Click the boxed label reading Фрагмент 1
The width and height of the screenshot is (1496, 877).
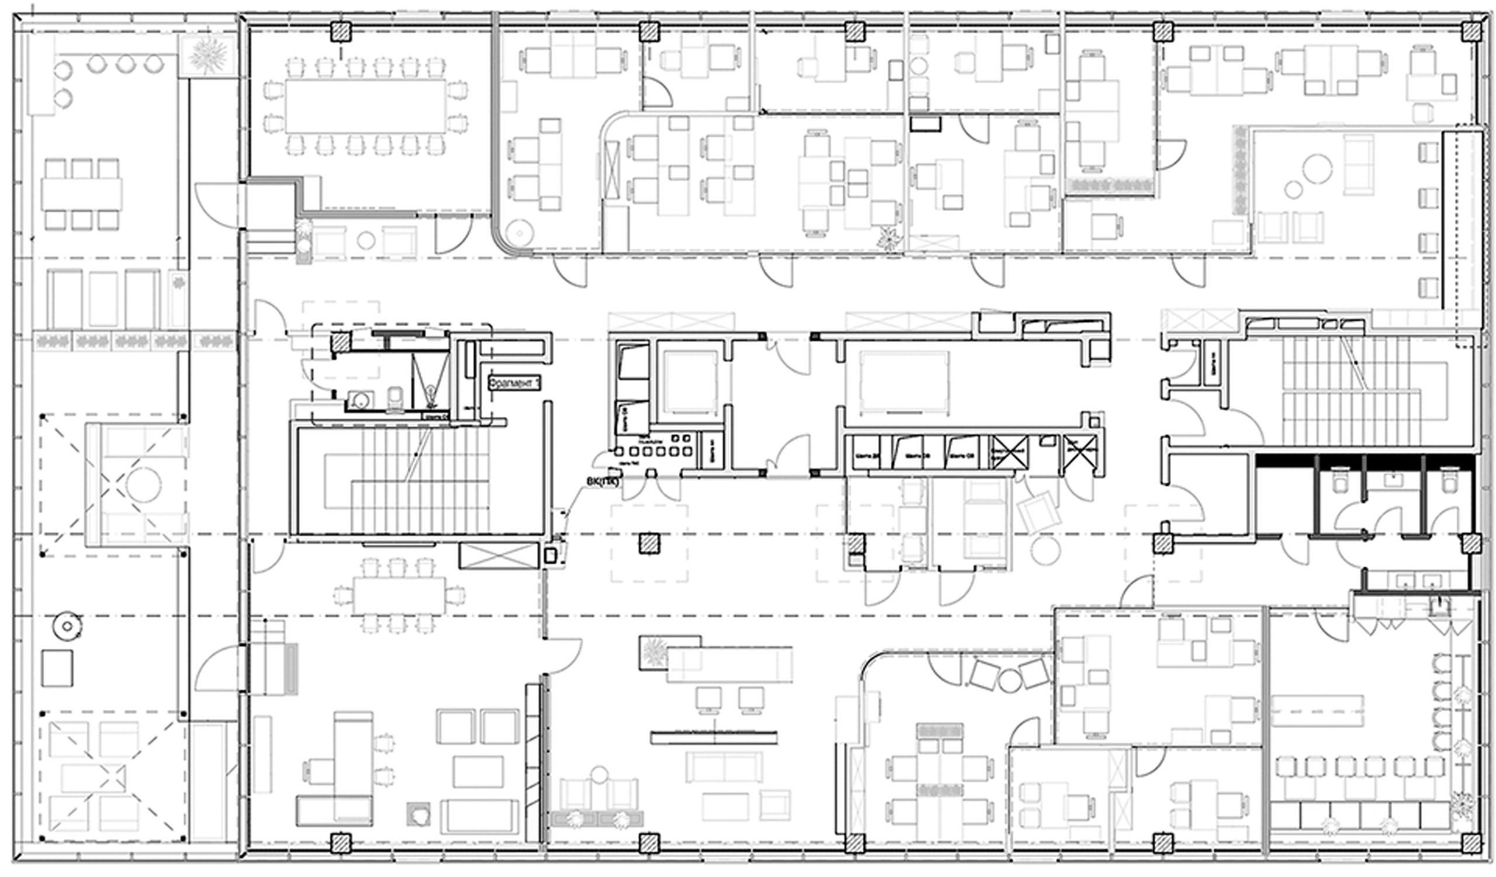[514, 383]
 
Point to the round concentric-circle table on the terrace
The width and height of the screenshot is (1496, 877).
[66, 626]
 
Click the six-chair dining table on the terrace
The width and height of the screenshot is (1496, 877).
[81, 194]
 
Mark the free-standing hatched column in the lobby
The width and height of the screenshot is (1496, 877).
[650, 543]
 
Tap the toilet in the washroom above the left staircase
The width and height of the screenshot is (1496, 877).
[395, 398]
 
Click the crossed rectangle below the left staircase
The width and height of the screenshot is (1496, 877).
[494, 556]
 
